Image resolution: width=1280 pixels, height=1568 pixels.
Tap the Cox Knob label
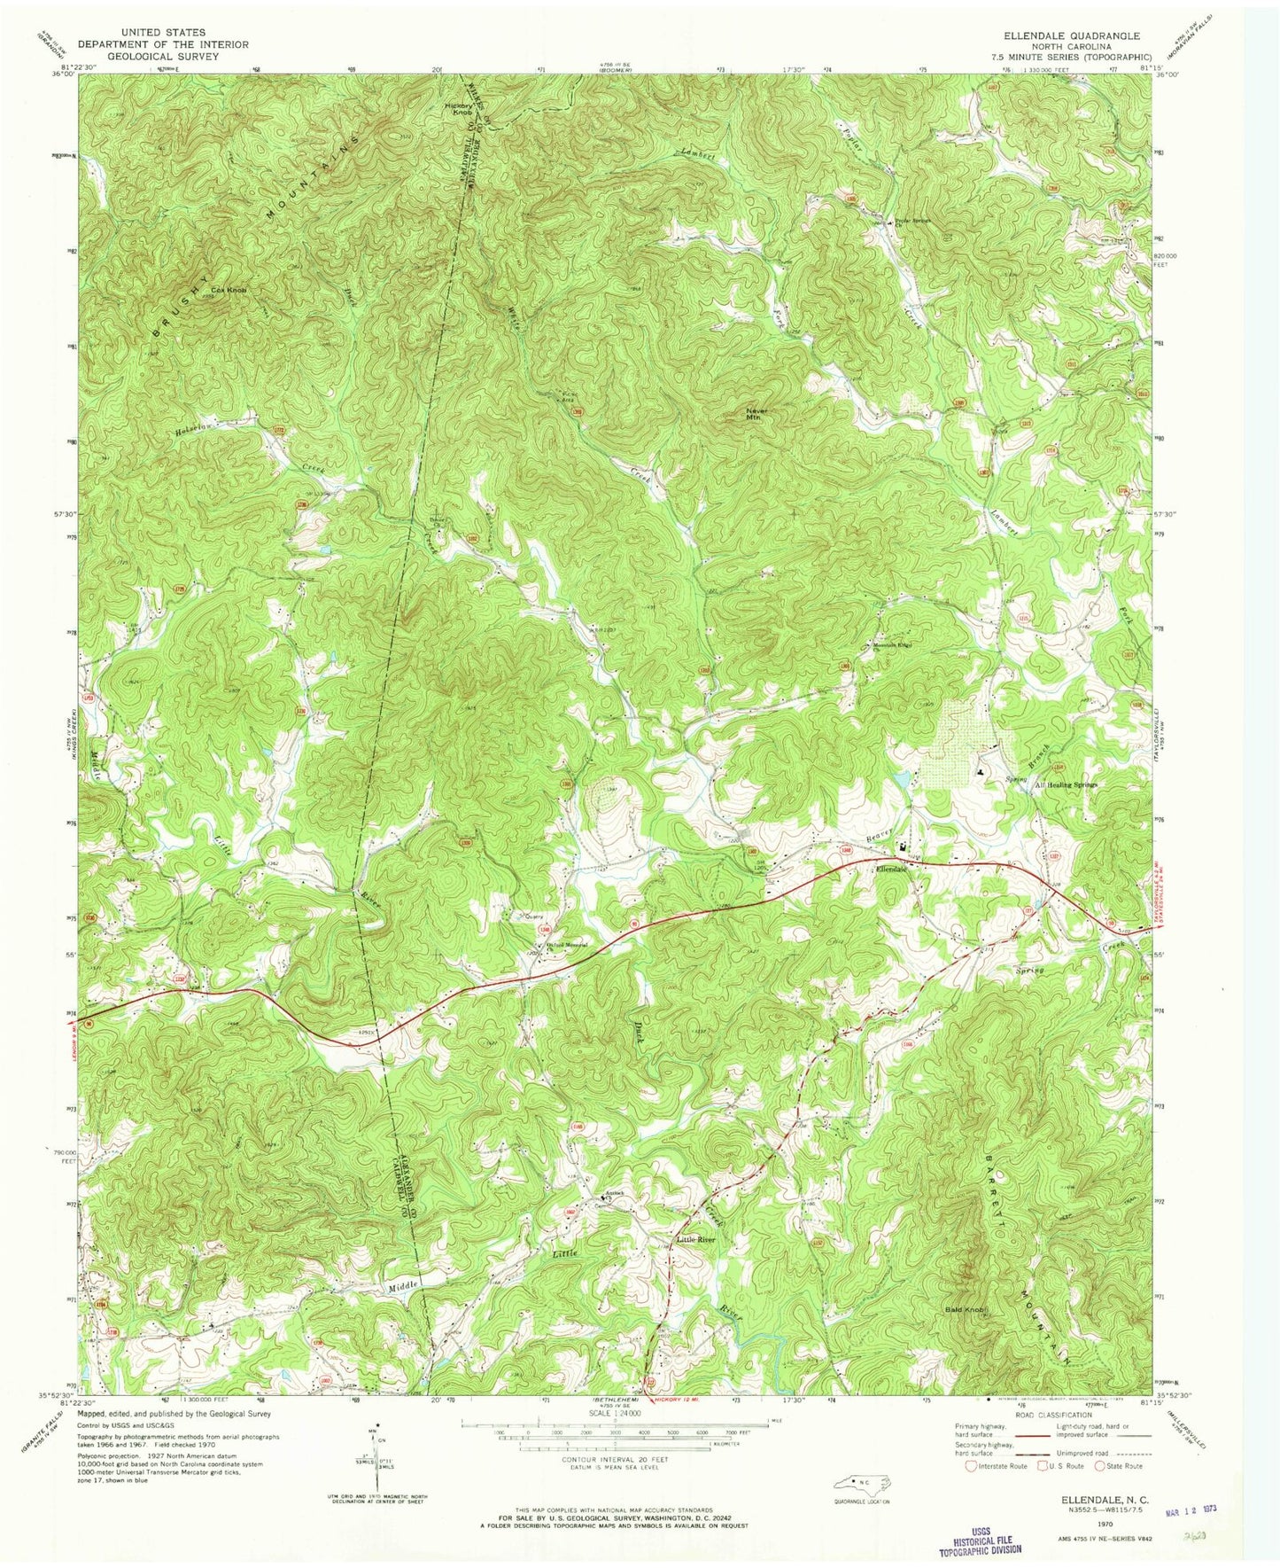pos(227,290)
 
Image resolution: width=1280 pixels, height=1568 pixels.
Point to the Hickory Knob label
pos(459,108)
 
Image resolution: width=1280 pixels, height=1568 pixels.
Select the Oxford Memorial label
pos(567,945)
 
